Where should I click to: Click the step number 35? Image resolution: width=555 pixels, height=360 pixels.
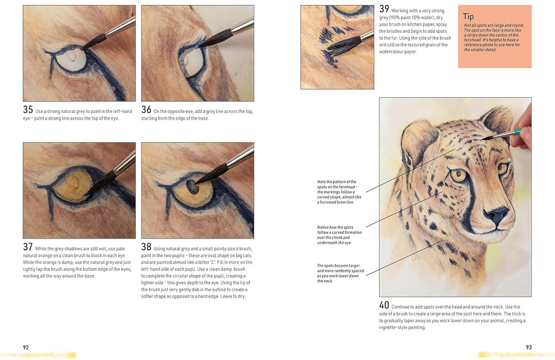click(28, 110)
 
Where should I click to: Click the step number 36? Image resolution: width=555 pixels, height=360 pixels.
click(146, 110)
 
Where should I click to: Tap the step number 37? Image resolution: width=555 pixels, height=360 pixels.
click(28, 247)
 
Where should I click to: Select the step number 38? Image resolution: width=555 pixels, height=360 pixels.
click(146, 247)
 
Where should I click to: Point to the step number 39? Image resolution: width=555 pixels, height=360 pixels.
click(384, 9)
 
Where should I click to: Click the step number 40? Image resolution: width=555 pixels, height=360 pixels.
click(384, 305)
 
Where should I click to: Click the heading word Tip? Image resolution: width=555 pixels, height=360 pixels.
click(469, 16)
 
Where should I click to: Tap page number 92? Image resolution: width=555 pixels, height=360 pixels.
click(26, 347)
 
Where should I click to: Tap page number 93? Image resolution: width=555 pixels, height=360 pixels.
click(528, 347)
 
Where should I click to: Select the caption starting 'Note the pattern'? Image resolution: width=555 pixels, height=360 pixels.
click(339, 192)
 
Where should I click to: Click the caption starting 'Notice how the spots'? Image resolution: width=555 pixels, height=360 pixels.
click(339, 235)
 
